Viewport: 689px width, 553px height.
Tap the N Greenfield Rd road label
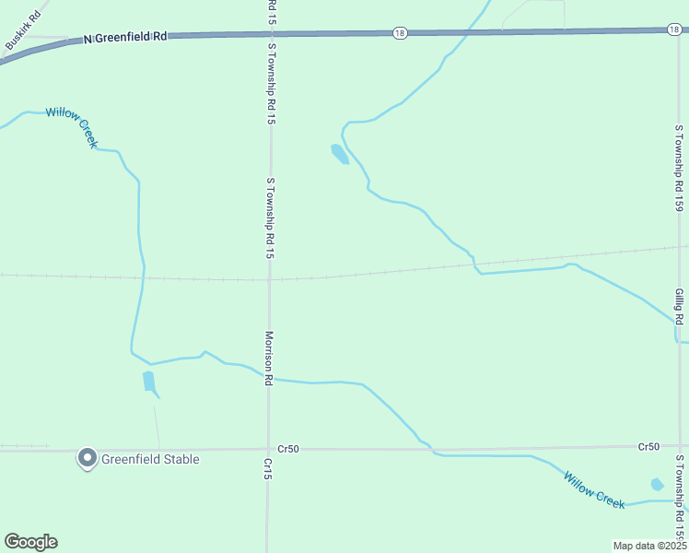125,38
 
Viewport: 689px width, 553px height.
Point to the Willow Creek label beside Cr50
594,490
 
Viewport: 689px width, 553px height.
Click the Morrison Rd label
269,359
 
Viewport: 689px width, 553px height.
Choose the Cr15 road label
267,468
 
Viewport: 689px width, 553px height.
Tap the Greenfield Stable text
150,459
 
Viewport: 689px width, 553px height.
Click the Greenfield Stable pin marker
88,458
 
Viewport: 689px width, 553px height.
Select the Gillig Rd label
679,307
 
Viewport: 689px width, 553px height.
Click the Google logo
30,542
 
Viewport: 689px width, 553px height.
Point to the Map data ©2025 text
649,546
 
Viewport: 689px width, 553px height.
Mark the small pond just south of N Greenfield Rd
339,153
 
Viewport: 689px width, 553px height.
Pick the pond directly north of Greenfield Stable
149,382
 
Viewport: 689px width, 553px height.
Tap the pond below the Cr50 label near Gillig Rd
657,485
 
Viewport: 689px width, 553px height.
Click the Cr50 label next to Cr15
287,449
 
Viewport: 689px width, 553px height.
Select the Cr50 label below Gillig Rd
648,447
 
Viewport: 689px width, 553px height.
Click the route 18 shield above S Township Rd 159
674,30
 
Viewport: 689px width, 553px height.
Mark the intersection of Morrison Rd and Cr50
268,449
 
